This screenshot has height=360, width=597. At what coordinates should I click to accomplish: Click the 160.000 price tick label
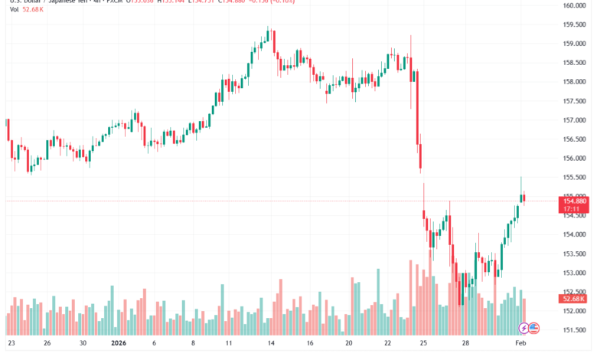click(574, 5)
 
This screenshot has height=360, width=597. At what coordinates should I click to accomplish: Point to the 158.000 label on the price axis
click(574, 82)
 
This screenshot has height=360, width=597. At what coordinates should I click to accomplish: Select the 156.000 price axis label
click(574, 159)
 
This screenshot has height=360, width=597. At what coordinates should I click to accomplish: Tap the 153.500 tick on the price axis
click(574, 254)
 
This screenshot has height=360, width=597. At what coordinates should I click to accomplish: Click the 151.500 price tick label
click(574, 330)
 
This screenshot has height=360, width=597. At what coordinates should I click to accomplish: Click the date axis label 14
click(272, 345)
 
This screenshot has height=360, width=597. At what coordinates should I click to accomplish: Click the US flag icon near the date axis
click(533, 328)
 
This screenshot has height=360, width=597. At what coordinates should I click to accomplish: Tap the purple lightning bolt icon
click(524, 328)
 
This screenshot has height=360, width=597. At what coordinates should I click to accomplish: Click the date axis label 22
click(389, 345)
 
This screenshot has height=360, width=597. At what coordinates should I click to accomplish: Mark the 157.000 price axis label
click(574, 120)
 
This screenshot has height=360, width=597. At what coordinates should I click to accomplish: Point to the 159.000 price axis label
click(574, 44)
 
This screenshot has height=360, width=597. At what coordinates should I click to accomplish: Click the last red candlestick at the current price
click(524, 198)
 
